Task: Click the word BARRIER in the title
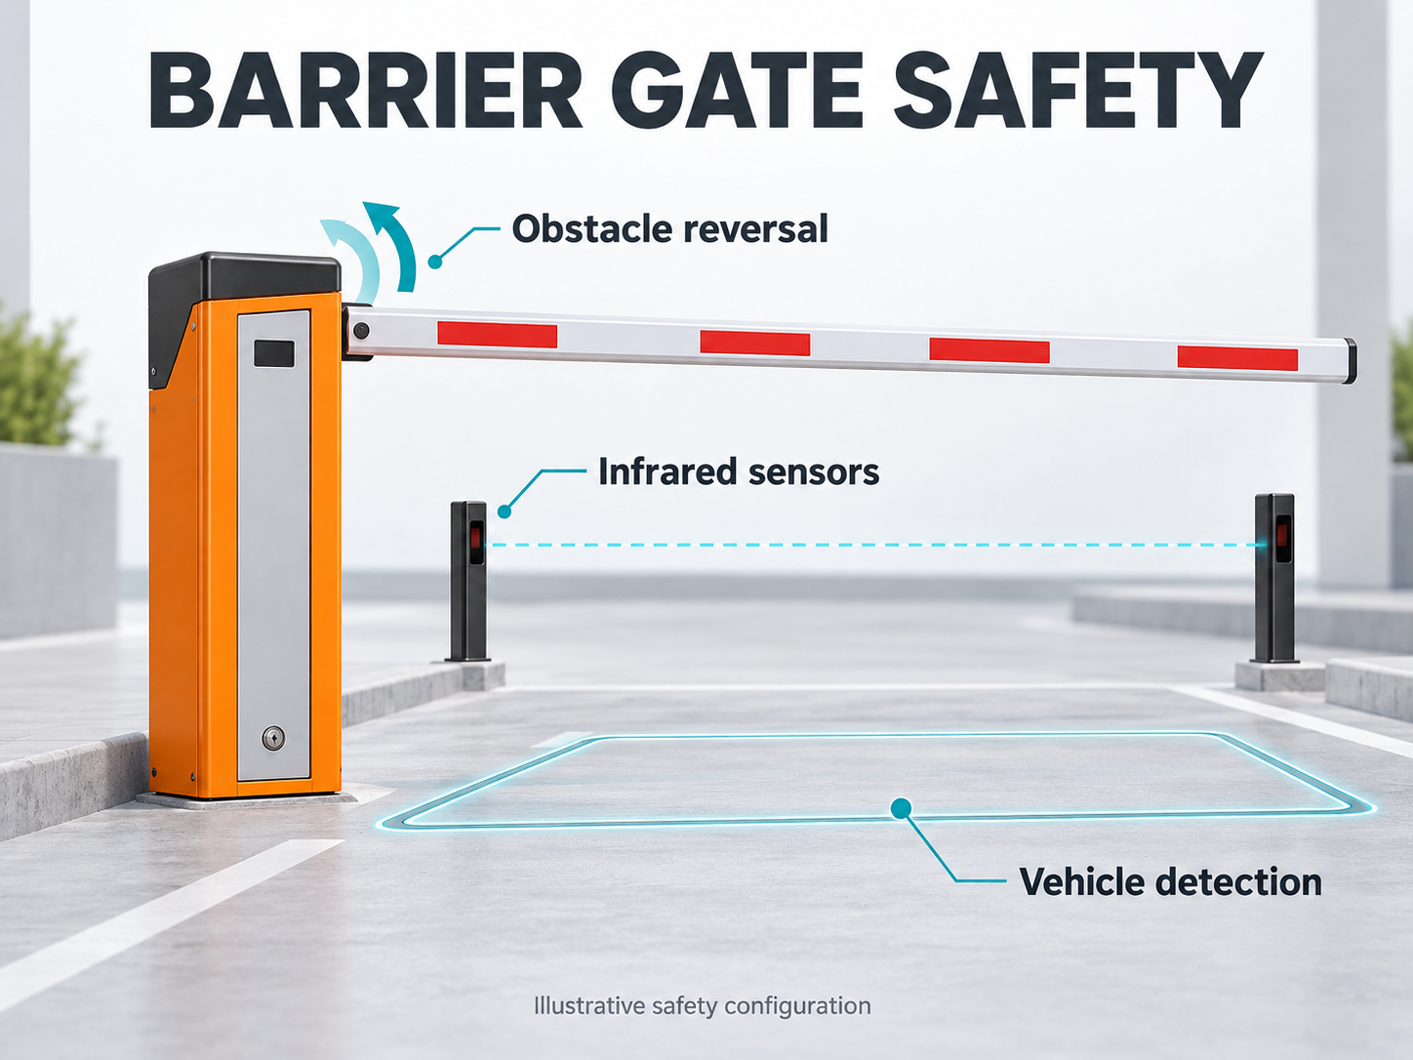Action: tap(366, 91)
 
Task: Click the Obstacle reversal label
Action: tap(669, 228)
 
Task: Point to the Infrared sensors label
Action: tap(739, 471)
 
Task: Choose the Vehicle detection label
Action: tap(1170, 881)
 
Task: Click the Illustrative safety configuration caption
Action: tap(703, 1005)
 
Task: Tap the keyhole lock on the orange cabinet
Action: tap(273, 738)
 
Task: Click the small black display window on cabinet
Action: tap(273, 354)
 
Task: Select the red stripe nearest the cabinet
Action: tap(497, 335)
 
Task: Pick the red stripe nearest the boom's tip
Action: tap(1237, 358)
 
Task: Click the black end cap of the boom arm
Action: tap(1350, 361)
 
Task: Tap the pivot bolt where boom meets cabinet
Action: tap(361, 331)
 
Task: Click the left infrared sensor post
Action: tap(468, 581)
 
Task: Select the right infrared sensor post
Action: tap(1274, 578)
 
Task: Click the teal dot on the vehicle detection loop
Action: tap(902, 808)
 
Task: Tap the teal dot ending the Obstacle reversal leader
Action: tap(436, 262)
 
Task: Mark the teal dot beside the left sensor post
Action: tap(505, 511)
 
